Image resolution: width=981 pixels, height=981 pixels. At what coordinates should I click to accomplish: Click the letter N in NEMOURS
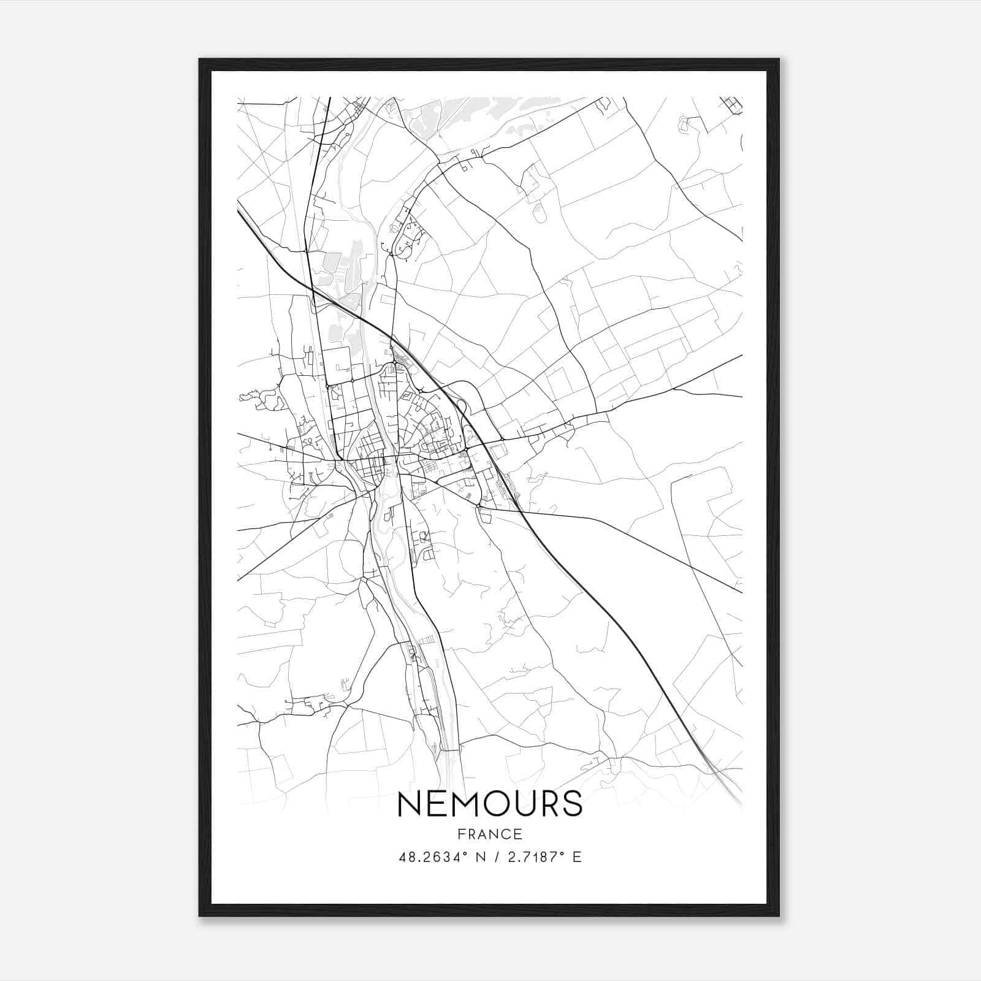point(410,804)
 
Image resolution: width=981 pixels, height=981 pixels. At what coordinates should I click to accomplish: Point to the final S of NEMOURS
point(571,804)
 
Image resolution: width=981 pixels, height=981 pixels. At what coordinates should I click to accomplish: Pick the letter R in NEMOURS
point(547,804)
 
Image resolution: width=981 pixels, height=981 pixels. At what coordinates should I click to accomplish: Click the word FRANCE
point(489,834)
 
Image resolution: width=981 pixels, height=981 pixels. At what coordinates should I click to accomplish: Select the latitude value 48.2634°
point(433,857)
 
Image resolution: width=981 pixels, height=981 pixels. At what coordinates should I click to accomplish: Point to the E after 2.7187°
point(576,857)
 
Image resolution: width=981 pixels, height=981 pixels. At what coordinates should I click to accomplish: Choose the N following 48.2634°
point(481,857)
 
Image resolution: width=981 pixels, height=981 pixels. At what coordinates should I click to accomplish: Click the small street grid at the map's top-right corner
point(731,105)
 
